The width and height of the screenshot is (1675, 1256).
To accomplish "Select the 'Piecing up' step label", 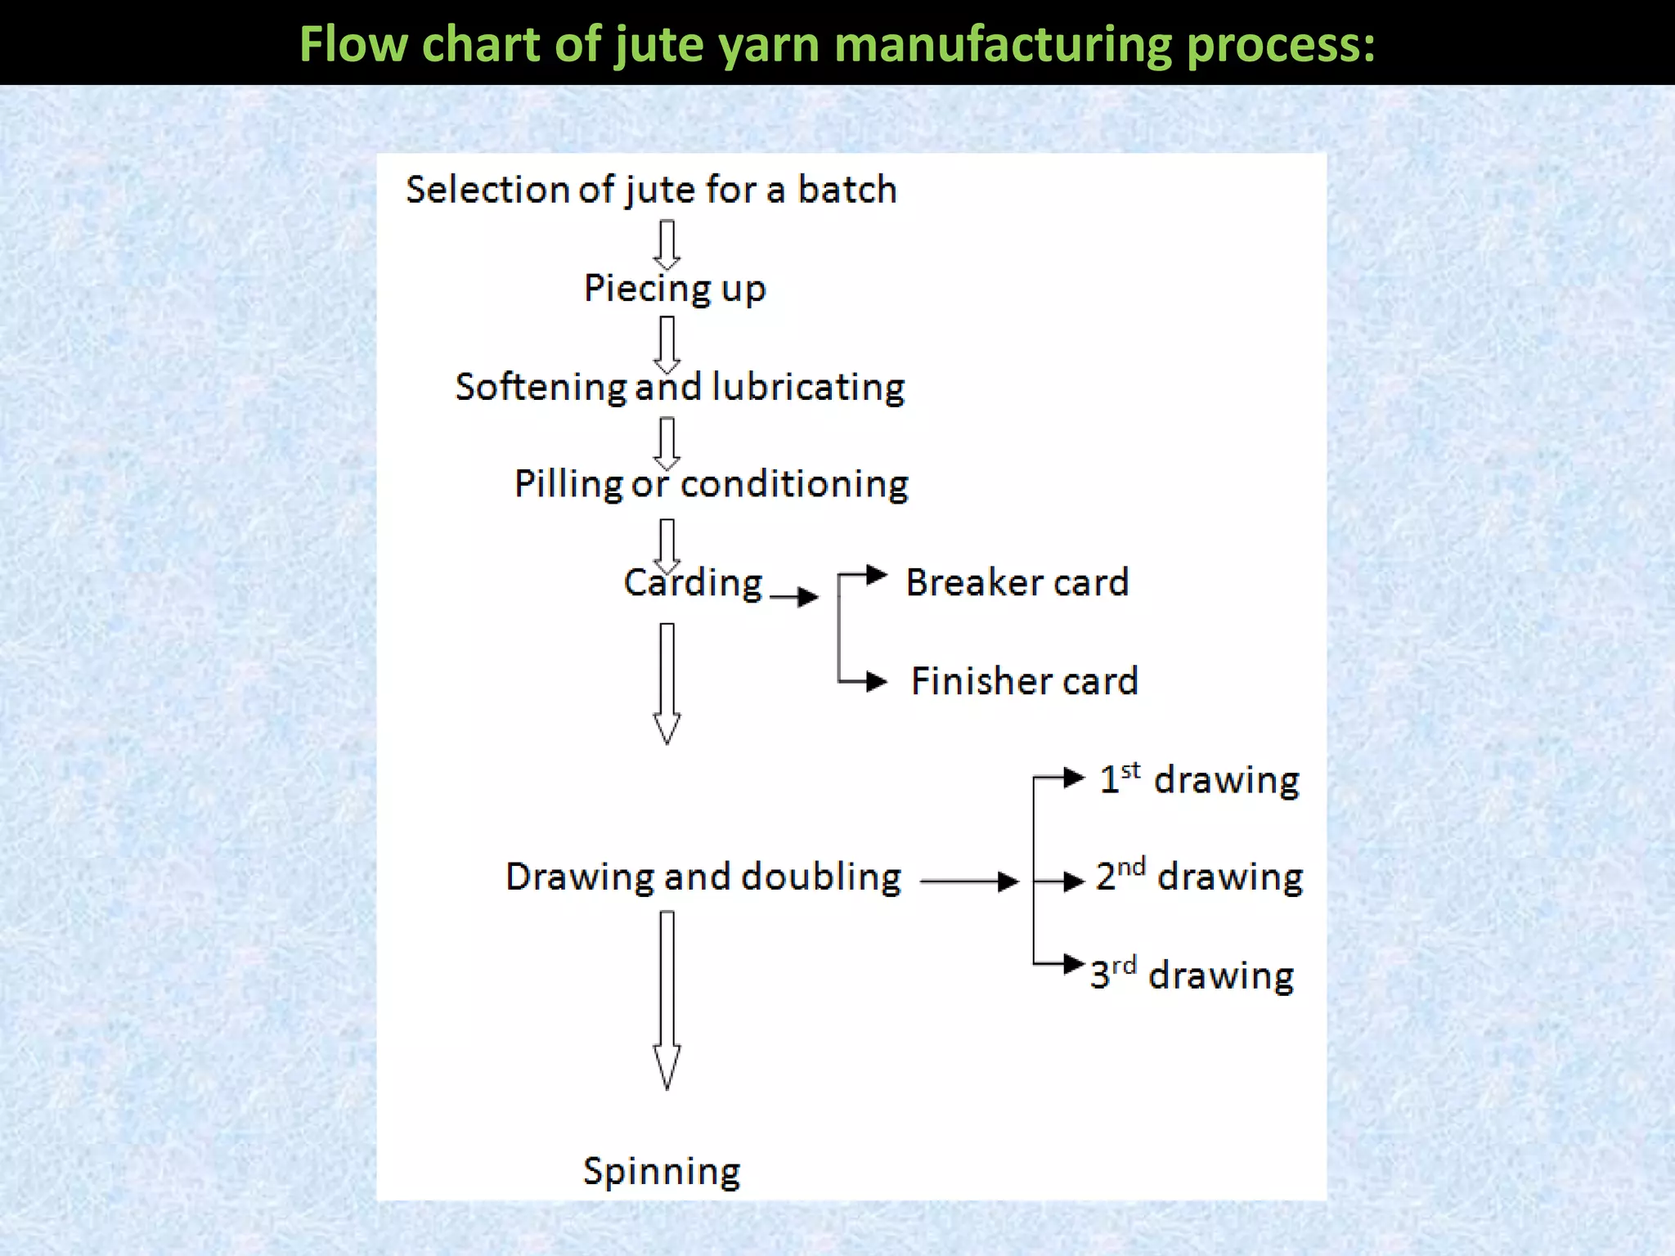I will [674, 289].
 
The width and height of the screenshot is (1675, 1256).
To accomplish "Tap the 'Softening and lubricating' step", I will [680, 387].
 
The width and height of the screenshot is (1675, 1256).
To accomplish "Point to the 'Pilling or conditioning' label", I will [711, 484].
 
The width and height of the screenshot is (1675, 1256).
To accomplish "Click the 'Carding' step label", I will [693, 583].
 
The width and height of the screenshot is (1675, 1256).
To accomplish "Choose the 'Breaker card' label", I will [1017, 583].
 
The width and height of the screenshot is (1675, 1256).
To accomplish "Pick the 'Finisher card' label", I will [1024, 681].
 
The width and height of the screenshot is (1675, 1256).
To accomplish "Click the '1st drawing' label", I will [1198, 779].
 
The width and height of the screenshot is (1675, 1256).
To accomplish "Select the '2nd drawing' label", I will [1199, 877].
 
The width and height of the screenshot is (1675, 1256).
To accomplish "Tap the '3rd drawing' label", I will [1192, 975].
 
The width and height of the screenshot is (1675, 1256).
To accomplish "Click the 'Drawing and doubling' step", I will [703, 877].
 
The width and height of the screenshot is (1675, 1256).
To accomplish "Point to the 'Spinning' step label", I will [662, 1171].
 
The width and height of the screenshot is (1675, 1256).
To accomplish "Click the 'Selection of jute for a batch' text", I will [651, 190].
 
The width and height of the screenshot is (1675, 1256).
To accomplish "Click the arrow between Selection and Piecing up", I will [667, 244].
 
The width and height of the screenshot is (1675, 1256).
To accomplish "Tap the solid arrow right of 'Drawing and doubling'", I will [969, 881].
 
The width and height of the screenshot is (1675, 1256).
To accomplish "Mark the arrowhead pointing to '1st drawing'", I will [1073, 778].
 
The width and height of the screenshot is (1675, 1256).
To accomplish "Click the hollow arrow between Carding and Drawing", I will [667, 683].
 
